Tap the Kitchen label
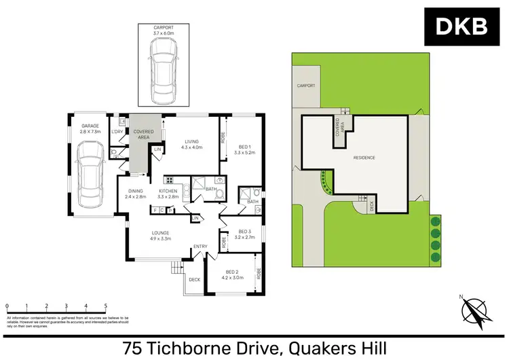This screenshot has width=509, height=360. coord(168,192)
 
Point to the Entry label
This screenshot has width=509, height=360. coord(200,247)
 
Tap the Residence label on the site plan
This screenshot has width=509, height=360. coord(365,158)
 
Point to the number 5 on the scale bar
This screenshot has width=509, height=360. coord(105,306)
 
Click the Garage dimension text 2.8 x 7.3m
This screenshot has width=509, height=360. coord(90,131)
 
